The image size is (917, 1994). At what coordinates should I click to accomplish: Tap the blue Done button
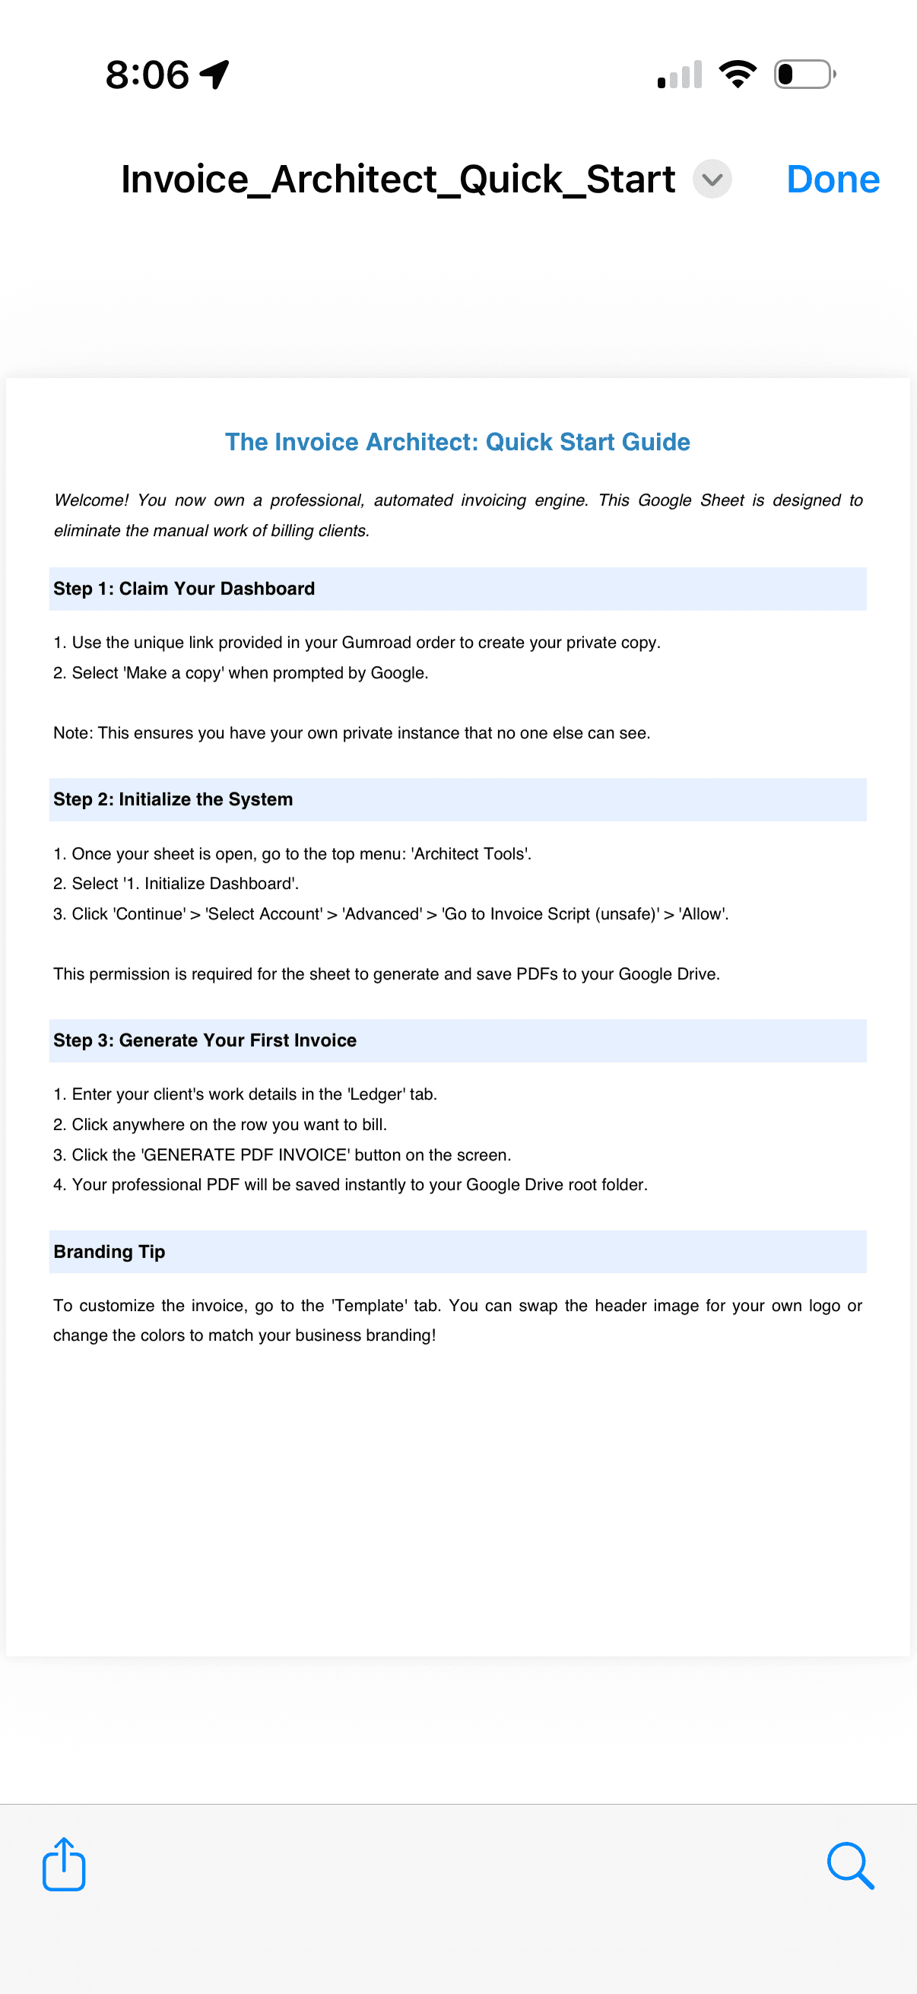(832, 179)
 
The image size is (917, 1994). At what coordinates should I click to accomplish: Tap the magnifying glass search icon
(849, 1865)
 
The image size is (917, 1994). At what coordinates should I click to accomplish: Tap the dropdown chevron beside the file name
(711, 179)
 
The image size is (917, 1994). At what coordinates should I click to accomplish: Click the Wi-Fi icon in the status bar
(738, 75)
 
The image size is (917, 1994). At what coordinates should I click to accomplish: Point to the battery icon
(804, 75)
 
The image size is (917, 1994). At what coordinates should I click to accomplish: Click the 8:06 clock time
(147, 75)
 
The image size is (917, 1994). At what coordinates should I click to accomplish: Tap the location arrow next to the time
(214, 75)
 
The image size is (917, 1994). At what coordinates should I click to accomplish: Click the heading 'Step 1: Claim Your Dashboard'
(184, 589)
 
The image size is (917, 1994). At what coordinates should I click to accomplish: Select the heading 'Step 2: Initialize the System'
(173, 799)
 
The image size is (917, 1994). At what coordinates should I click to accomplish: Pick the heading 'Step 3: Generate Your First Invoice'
(205, 1040)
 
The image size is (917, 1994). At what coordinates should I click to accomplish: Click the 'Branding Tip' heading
(109, 1252)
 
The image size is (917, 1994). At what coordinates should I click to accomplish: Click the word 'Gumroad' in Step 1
(376, 643)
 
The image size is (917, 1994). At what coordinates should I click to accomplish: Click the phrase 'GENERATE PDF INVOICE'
(246, 1155)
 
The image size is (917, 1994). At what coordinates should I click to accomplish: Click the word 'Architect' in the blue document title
(422, 442)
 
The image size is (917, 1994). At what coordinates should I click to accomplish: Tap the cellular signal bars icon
(681, 75)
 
